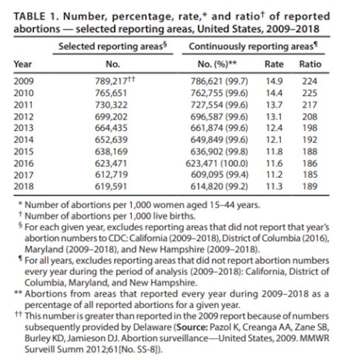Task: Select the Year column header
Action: click(x=22, y=64)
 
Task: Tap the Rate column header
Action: click(x=274, y=64)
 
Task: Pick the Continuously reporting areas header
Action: click(x=248, y=45)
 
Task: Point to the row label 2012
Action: click(x=23, y=117)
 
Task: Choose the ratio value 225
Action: click(x=309, y=93)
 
